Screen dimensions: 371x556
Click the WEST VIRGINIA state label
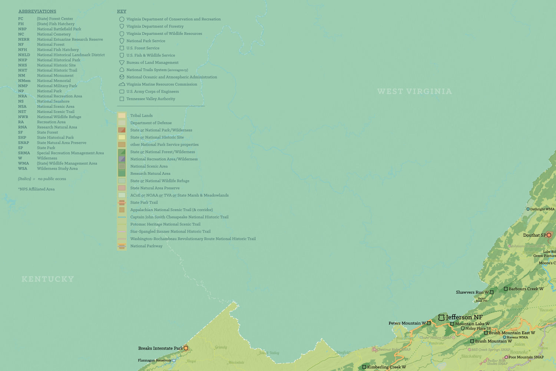414,91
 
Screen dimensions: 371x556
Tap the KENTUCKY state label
48,279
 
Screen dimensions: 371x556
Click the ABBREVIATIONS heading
37,11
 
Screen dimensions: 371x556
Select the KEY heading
122,11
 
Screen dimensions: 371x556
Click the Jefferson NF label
464,317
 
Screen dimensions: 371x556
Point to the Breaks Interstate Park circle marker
186,348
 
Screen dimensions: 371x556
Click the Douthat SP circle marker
549,235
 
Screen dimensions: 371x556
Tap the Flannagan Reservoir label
155,360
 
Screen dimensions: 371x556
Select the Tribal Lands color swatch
122,116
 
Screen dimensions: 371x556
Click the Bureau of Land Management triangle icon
122,63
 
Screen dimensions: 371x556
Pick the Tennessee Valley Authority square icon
122,99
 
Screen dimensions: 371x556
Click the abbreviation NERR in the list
24,40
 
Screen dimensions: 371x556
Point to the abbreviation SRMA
24,153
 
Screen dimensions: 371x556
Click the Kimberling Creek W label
386,367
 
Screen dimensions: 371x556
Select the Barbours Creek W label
526,289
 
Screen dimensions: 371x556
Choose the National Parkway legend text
146,246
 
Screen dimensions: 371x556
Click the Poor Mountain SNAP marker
506,357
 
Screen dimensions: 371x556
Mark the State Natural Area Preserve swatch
122,188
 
